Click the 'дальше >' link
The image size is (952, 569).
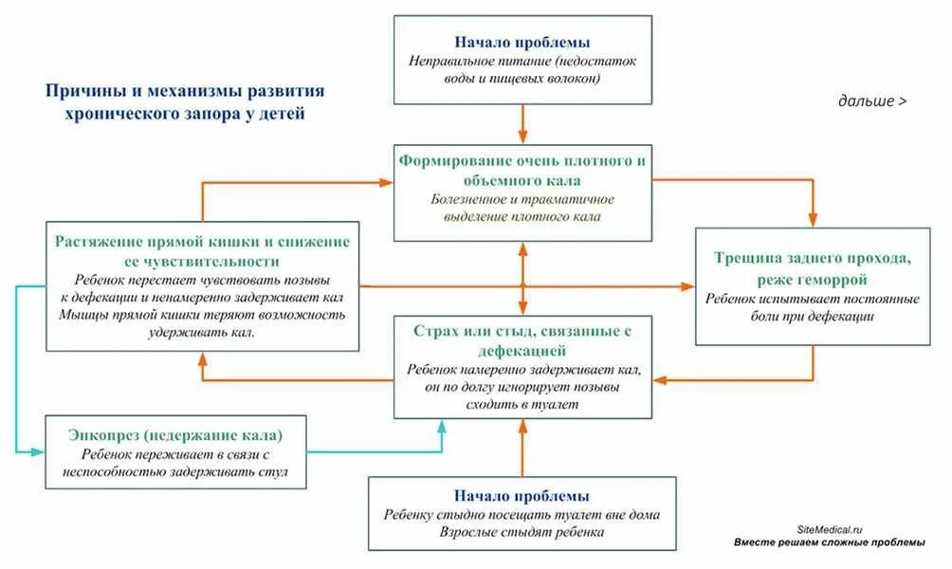pos(871,100)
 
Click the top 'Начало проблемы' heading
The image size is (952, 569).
pos(522,43)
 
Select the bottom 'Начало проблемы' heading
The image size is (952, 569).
pos(522,496)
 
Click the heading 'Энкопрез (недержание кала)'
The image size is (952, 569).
pos(175,435)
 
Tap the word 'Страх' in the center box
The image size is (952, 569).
pos(435,331)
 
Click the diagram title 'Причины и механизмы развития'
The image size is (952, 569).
pos(185,91)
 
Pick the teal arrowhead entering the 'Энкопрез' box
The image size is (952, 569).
pos(39,451)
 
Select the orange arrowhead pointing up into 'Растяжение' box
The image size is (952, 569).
pos(202,358)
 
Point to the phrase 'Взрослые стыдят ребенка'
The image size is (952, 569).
pos(522,532)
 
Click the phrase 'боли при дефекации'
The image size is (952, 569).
pos(813,317)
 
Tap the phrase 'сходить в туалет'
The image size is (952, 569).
pos(522,404)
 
